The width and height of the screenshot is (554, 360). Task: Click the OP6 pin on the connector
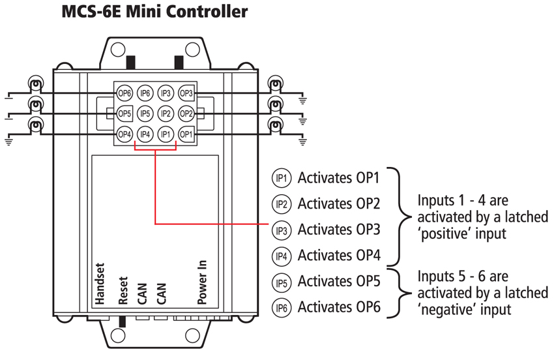(124, 93)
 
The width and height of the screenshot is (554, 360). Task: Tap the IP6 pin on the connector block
(145, 93)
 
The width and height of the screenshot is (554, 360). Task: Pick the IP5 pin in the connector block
(145, 114)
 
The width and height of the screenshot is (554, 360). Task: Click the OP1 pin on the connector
(186, 135)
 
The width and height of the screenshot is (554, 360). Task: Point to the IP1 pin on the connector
(166, 135)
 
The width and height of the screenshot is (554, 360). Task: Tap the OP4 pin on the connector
(124, 135)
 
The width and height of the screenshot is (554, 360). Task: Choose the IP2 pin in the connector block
(166, 114)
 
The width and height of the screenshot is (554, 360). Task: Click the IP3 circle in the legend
(282, 230)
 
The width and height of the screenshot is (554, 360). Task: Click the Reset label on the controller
(123, 293)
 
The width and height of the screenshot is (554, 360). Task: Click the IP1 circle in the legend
(282, 178)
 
